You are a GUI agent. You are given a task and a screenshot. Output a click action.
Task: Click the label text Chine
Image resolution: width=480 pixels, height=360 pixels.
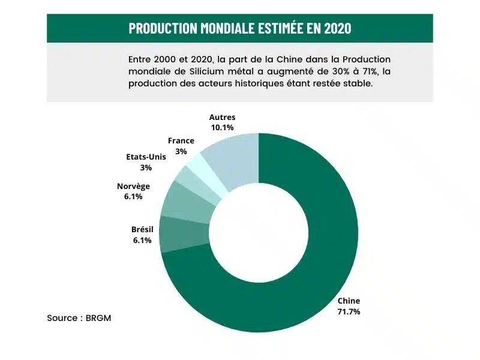[349, 301]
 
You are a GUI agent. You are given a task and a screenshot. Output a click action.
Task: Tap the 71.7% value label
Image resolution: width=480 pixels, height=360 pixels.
[349, 312]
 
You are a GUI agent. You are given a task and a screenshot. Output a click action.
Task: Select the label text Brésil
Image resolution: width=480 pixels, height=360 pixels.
[143, 229]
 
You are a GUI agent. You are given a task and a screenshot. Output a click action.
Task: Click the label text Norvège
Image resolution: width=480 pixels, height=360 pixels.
[133, 186]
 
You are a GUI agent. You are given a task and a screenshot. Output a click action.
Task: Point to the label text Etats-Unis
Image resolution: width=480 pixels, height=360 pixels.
[146, 157]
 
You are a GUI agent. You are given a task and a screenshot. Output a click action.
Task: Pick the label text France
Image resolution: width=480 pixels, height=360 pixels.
[181, 141]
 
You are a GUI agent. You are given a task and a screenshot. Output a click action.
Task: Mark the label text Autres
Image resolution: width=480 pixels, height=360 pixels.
[222, 117]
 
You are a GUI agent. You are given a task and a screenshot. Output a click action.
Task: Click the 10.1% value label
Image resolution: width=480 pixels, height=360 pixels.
[222, 127]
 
